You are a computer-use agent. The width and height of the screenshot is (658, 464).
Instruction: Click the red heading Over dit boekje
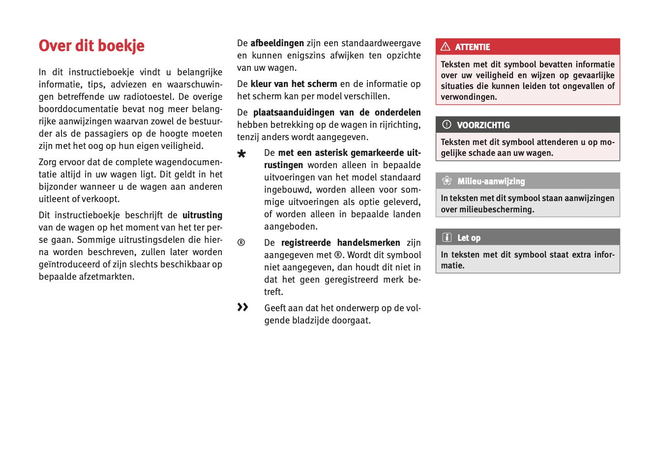point(91,46)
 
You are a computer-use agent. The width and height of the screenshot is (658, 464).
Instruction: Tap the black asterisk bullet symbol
point(241,154)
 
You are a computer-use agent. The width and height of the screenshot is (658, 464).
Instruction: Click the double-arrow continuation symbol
point(242,307)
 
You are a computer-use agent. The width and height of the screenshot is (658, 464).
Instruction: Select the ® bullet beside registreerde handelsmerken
point(241,242)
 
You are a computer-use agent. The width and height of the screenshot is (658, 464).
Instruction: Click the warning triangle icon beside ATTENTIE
point(446,47)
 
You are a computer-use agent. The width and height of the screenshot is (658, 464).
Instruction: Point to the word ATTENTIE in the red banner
point(472,47)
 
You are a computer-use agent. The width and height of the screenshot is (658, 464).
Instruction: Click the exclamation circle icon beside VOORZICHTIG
point(447,125)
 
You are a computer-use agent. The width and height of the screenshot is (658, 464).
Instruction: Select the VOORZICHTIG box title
point(483,125)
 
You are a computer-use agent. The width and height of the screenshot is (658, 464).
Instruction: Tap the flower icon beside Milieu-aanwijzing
point(447,181)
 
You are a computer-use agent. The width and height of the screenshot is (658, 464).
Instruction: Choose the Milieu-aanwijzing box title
point(491,181)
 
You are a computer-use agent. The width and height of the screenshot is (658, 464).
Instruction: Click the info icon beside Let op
point(447,237)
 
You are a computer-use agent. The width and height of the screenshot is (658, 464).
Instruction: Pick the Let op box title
point(469,238)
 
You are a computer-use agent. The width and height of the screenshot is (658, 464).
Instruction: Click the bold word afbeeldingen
point(277,43)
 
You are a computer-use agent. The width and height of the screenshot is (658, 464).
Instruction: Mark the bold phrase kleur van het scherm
point(294,84)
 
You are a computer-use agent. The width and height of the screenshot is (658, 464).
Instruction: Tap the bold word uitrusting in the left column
point(202,215)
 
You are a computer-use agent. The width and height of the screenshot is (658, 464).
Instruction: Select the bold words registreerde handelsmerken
point(340,243)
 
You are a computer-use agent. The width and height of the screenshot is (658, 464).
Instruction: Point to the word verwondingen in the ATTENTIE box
point(469,97)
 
